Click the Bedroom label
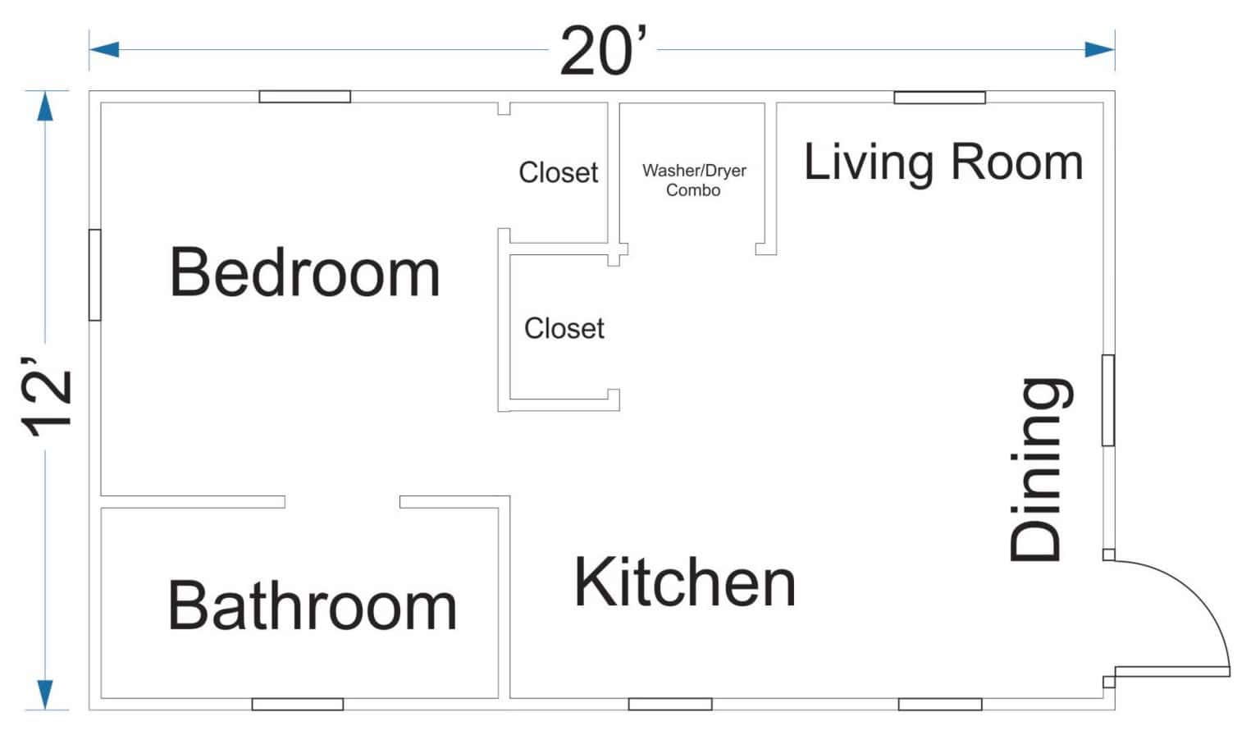point(304,273)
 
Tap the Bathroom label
point(312,606)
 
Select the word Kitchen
point(685,583)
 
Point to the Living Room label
point(943,162)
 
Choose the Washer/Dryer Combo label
point(694,180)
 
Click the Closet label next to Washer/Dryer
point(558,172)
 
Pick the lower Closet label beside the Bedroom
point(564,328)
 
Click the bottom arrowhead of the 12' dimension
point(45,694)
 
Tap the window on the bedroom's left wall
point(95,275)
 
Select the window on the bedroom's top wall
point(304,97)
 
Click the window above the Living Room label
point(939,98)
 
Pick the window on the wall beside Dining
point(1107,400)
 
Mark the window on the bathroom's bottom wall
point(297,704)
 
